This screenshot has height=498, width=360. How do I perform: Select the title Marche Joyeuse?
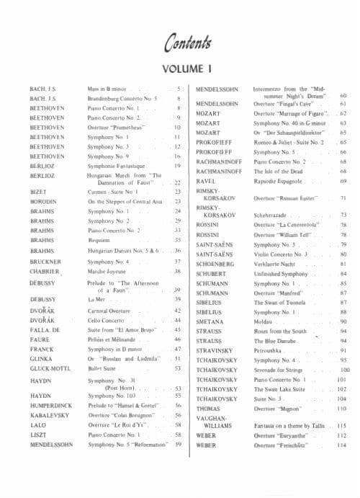click(109, 272)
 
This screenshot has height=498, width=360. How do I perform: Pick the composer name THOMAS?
click(210, 408)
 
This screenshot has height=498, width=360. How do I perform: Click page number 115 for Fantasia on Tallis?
click(341, 426)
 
